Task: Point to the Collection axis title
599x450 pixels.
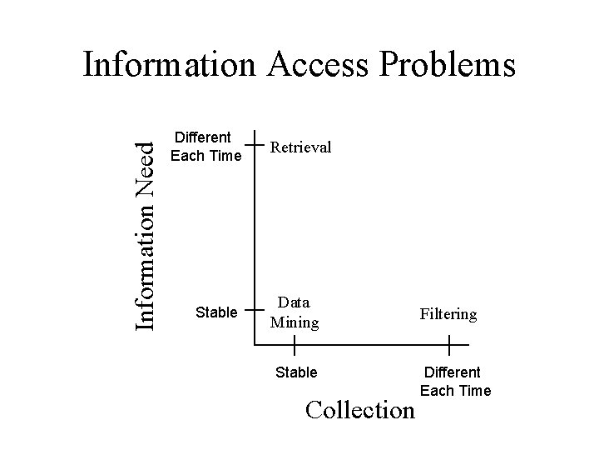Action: click(359, 409)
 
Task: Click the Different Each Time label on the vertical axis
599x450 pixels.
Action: click(205, 147)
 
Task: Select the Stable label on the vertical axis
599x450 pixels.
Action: click(215, 312)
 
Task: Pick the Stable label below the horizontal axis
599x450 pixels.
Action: click(296, 372)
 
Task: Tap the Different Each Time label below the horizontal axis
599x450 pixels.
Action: click(455, 381)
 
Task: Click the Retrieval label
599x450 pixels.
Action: click(299, 147)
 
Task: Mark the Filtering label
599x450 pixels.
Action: click(448, 314)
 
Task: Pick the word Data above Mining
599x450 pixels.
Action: click(294, 302)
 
